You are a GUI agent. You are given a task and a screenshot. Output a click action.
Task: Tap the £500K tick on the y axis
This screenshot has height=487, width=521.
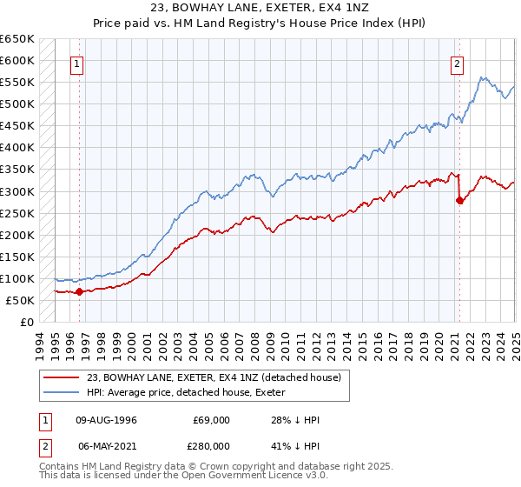[x=16, y=104]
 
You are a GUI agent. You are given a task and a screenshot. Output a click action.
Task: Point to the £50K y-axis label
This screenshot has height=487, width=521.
[x=19, y=300]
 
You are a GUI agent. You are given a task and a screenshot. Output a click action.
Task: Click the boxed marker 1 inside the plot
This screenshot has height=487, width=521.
[x=78, y=63]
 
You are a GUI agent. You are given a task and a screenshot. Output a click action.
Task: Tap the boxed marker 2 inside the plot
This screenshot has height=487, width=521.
[x=457, y=63]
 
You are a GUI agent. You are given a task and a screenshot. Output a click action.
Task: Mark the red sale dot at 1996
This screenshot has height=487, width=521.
[x=79, y=292]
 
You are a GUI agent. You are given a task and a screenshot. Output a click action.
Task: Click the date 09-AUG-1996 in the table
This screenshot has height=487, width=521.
[x=107, y=420]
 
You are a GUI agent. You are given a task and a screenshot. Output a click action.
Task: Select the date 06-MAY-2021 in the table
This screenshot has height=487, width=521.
[x=107, y=445]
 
